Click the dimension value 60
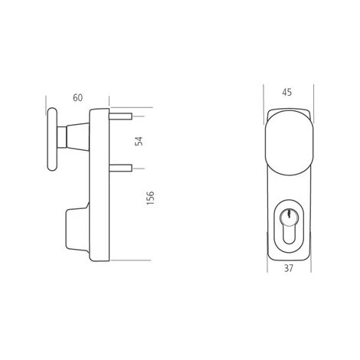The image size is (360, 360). point(78,97)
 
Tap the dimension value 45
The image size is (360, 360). point(287,93)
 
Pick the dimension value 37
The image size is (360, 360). point(287,268)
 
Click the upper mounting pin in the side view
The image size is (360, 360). point(124,116)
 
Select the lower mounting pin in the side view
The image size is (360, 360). point(124,166)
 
